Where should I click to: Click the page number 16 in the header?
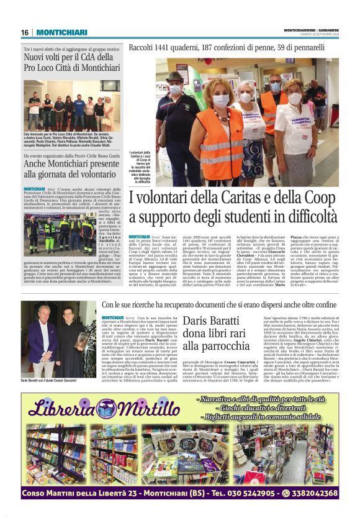click(x=25, y=32)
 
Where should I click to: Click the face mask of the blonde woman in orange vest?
click(x=222, y=100)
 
